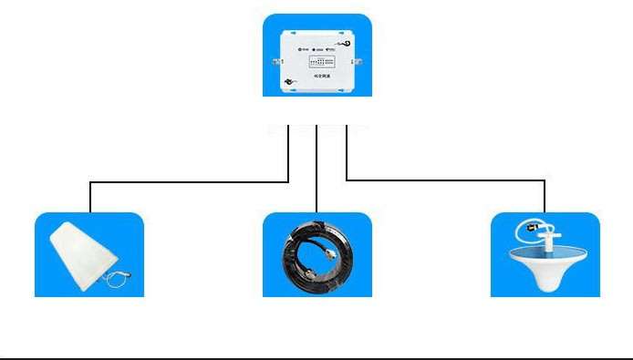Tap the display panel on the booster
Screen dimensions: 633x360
[325, 64]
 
